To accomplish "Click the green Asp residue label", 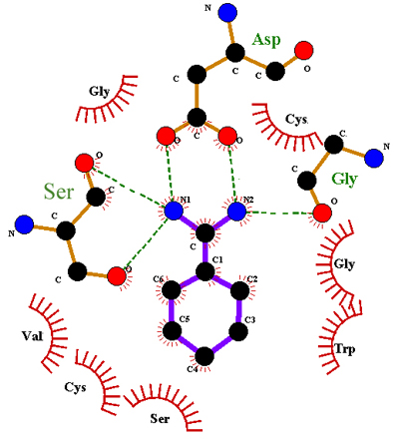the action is [x=266, y=41].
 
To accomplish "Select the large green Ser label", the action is [x=59, y=192].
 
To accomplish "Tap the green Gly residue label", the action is [x=344, y=180].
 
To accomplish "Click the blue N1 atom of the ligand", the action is [x=174, y=211].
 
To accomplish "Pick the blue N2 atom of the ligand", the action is [x=236, y=211].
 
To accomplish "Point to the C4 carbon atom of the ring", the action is [x=204, y=356].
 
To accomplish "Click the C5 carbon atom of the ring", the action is [x=172, y=331].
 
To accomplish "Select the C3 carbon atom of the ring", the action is [x=238, y=331].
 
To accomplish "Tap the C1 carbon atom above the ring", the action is [x=204, y=271].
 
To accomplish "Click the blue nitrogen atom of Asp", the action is [x=227, y=13].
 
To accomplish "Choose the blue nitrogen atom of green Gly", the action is [x=374, y=158].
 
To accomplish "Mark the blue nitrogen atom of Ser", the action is [x=24, y=224].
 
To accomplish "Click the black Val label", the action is [x=33, y=336].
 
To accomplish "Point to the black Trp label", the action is [x=344, y=349].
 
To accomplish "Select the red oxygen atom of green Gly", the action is [x=322, y=213].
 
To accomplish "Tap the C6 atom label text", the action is [x=158, y=279].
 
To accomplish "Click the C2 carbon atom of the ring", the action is [x=239, y=291].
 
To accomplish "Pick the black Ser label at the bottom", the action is [x=160, y=418].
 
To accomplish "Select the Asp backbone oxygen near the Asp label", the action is [x=303, y=51].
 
